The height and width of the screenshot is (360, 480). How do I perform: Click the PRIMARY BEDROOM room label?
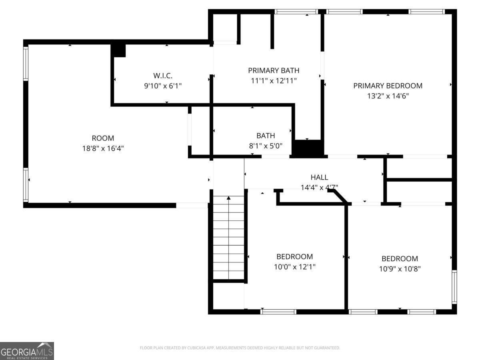point(388,86)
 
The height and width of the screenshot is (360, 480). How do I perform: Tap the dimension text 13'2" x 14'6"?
point(388,96)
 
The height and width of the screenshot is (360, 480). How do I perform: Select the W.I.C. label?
point(163,75)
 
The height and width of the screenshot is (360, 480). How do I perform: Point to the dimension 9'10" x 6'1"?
point(163,86)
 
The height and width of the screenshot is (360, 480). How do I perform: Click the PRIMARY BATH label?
point(274,70)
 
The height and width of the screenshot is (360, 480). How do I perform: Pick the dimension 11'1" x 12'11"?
point(274,81)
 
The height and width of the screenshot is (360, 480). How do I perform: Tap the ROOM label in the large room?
point(103,138)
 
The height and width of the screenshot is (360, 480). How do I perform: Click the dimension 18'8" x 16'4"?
point(103,148)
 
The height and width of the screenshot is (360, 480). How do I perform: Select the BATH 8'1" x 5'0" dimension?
point(266,146)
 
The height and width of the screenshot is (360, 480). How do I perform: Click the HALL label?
point(319,177)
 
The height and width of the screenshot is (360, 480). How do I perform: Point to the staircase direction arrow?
point(229,198)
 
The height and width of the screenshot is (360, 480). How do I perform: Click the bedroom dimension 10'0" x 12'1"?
point(294,267)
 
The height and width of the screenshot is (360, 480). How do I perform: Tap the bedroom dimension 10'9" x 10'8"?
point(400,269)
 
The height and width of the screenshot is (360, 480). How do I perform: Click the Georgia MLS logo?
point(27,351)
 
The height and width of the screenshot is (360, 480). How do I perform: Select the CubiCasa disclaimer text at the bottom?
point(240,348)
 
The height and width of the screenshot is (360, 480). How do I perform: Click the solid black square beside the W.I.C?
point(118,50)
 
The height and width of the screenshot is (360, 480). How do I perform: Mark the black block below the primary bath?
point(308,148)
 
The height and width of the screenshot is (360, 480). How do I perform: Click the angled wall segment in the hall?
point(339,196)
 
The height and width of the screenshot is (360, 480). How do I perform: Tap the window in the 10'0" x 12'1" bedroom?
point(278,312)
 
